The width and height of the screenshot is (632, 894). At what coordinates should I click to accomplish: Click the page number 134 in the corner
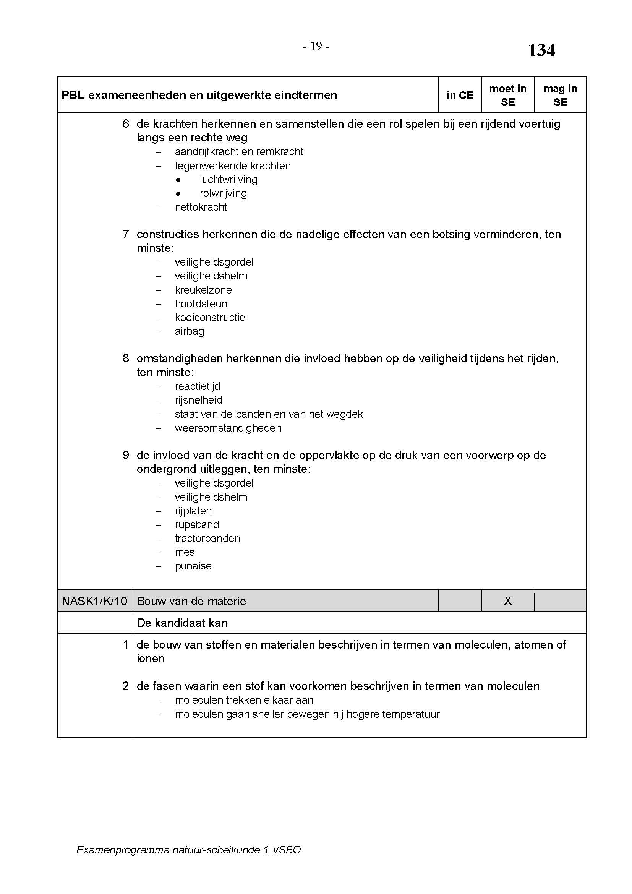pyautogui.click(x=541, y=50)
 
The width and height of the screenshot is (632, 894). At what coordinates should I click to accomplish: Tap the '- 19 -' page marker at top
pyautogui.click(x=316, y=47)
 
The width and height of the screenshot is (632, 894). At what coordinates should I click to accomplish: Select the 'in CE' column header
pyautogui.click(x=460, y=96)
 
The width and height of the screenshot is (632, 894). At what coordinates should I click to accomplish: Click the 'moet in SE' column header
pyautogui.click(x=507, y=96)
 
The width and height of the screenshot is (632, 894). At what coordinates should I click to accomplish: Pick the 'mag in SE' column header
pyautogui.click(x=560, y=96)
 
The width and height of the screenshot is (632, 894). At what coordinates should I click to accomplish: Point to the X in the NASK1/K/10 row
pyautogui.click(x=507, y=601)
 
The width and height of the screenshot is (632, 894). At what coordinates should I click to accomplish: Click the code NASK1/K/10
pyautogui.click(x=94, y=601)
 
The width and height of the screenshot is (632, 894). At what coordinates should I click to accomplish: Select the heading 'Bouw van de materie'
pyautogui.click(x=191, y=601)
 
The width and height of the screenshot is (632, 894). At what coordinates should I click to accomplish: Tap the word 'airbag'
pyautogui.click(x=190, y=331)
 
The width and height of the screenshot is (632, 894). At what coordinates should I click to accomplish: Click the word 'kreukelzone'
pyautogui.click(x=203, y=290)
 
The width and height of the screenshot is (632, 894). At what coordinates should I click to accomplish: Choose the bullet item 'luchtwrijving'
pyautogui.click(x=228, y=180)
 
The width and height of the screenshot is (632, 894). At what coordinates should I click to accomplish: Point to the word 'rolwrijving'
pyautogui.click(x=224, y=193)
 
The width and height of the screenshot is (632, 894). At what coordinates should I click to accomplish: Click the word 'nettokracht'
pyautogui.click(x=201, y=207)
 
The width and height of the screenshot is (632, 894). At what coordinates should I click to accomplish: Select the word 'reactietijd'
pyautogui.click(x=197, y=386)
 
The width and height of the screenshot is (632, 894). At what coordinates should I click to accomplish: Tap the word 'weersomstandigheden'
pyautogui.click(x=228, y=428)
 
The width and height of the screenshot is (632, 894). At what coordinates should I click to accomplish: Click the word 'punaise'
pyautogui.click(x=193, y=566)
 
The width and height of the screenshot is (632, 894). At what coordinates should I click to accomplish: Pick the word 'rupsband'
pyautogui.click(x=197, y=525)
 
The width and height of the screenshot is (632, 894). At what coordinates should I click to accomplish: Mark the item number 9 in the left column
pyautogui.click(x=126, y=455)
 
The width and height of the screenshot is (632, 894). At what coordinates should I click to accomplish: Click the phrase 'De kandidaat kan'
pyautogui.click(x=182, y=623)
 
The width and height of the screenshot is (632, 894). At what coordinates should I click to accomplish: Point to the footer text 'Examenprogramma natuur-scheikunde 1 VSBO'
pyautogui.click(x=189, y=850)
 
